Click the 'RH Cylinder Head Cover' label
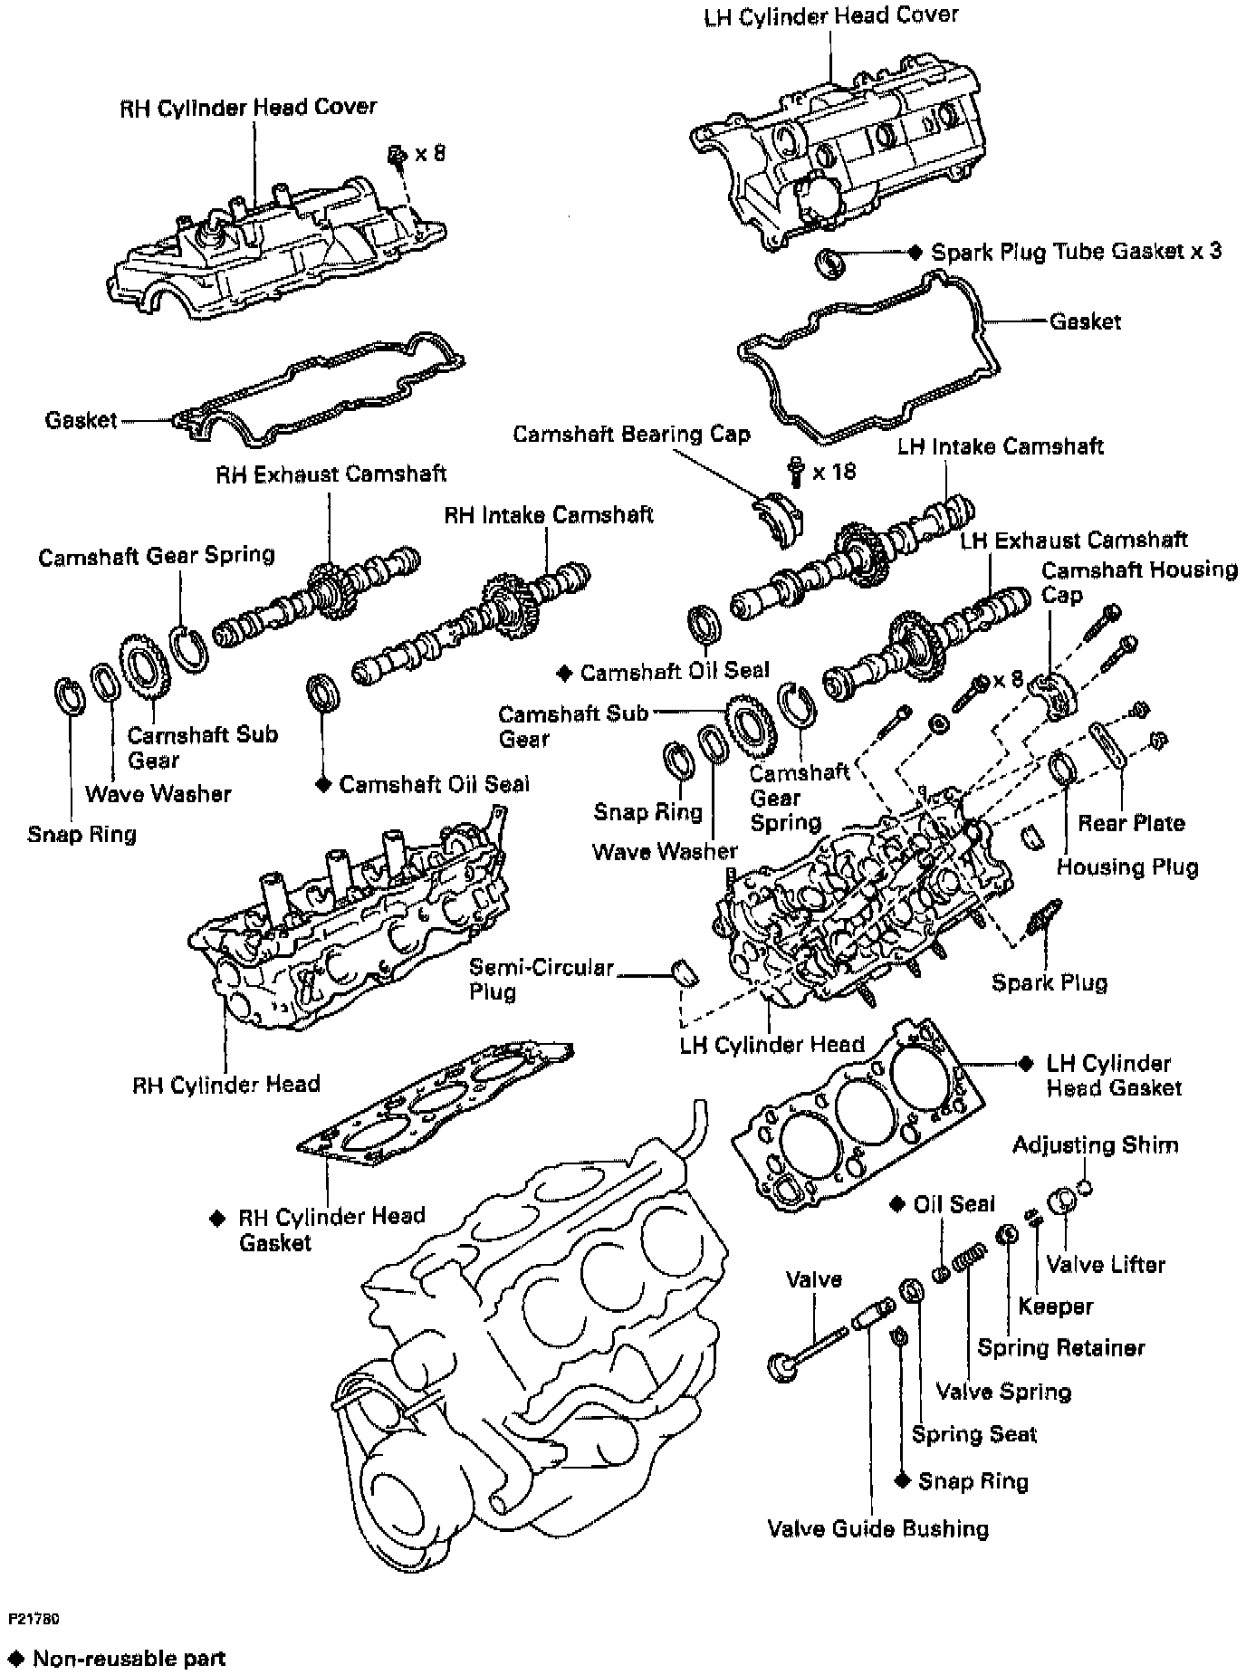[x=248, y=107]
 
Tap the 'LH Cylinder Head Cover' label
[x=830, y=16]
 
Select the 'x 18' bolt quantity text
[x=834, y=472]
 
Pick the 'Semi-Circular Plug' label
[x=540, y=979]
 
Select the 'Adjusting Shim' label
[x=1096, y=1144]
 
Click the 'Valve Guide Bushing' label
[x=877, y=1529]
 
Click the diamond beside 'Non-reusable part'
[x=15, y=1659]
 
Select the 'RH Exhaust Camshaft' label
[x=331, y=474]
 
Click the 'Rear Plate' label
[x=1131, y=823]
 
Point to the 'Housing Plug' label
[x=1127, y=866]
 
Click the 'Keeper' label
[x=1055, y=1306]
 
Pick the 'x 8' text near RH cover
[x=430, y=153]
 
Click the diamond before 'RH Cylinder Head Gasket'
[x=217, y=1219]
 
